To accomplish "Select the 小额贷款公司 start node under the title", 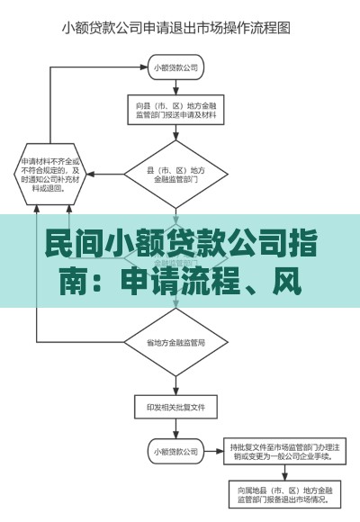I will pos(175,67).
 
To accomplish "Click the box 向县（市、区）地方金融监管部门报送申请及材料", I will pos(175,110).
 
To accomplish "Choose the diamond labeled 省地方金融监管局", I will pos(175,343).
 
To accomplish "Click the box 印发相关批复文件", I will pos(175,408).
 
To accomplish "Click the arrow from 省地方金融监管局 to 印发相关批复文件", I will pos(175,383).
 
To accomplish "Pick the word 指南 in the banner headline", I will pos(307,243).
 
